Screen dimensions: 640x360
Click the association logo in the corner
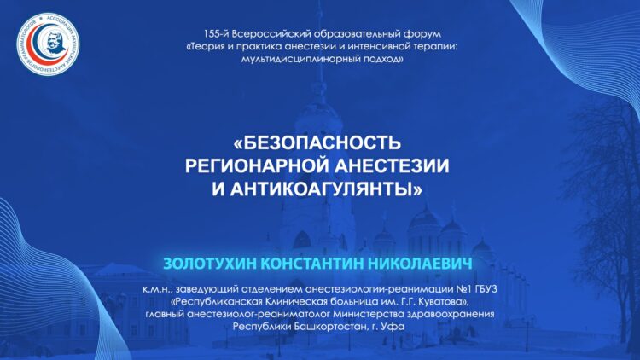[x=48, y=44]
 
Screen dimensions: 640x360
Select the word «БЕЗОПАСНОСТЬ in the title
[x=317, y=142]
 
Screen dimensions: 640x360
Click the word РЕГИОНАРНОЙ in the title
[x=257, y=165]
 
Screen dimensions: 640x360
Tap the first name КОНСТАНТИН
[x=312, y=264]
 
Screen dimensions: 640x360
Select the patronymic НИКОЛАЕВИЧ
[x=420, y=264]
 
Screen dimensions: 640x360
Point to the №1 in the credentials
[x=463, y=289]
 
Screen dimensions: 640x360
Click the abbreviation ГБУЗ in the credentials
[x=486, y=289]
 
